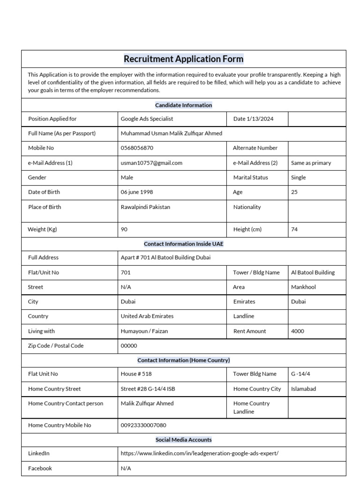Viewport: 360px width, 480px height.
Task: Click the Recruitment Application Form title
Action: pyautogui.click(x=183, y=59)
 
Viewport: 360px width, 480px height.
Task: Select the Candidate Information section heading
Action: pyautogui.click(x=183, y=105)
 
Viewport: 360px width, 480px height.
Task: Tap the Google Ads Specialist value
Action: pyautogui.click(x=147, y=119)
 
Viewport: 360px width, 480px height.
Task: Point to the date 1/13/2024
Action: pyautogui.click(x=253, y=119)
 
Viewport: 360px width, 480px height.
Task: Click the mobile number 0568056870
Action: pyautogui.click(x=137, y=148)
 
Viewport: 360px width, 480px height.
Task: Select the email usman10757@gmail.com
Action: pyautogui.click(x=151, y=163)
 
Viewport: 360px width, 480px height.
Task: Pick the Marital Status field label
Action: pyautogui.click(x=250, y=178)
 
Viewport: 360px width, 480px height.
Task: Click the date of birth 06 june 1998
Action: pyautogui.click(x=137, y=192)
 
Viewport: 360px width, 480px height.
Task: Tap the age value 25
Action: pyautogui.click(x=294, y=192)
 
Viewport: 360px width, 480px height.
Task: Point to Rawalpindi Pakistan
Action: pyautogui.click(x=145, y=207)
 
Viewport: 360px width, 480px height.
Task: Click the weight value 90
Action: pyautogui.click(x=124, y=230)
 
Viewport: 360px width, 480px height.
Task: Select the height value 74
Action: pyautogui.click(x=294, y=230)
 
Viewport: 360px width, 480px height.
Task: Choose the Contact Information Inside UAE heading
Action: pyautogui.click(x=183, y=244)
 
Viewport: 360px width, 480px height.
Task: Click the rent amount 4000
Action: pyautogui.click(x=298, y=331)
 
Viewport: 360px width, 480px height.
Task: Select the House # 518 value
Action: pyautogui.click(x=136, y=374)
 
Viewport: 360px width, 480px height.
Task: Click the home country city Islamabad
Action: pyautogui.click(x=303, y=389)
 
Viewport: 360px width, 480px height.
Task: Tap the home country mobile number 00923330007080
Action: pyautogui.click(x=143, y=426)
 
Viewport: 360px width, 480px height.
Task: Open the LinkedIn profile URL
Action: pyautogui.click(x=200, y=454)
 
